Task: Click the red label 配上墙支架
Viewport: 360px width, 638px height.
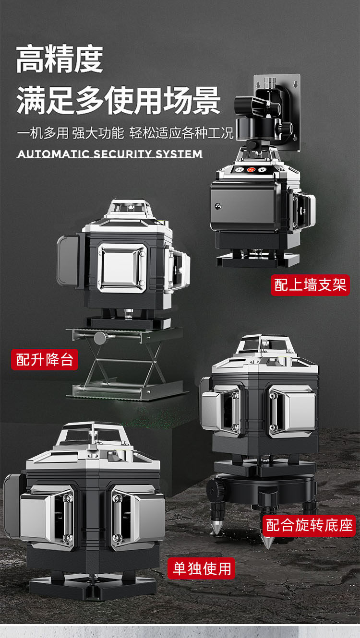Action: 310,285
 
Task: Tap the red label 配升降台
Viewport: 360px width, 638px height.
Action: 45,359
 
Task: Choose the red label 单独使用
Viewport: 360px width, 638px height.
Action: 201,568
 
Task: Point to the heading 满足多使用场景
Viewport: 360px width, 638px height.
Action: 118,101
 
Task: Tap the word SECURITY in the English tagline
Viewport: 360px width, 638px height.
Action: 122,154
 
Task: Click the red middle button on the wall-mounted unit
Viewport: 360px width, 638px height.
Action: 251,170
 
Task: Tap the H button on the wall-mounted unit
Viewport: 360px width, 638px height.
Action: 240,170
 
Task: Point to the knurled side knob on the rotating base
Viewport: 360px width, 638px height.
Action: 213,489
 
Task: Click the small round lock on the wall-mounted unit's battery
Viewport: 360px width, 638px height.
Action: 218,206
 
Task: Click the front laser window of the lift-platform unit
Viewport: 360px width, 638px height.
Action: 122,268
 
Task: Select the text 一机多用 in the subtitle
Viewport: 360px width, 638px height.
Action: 43,133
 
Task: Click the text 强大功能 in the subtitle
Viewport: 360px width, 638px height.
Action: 98,133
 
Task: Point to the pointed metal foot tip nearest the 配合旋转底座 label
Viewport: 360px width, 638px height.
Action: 267,542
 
